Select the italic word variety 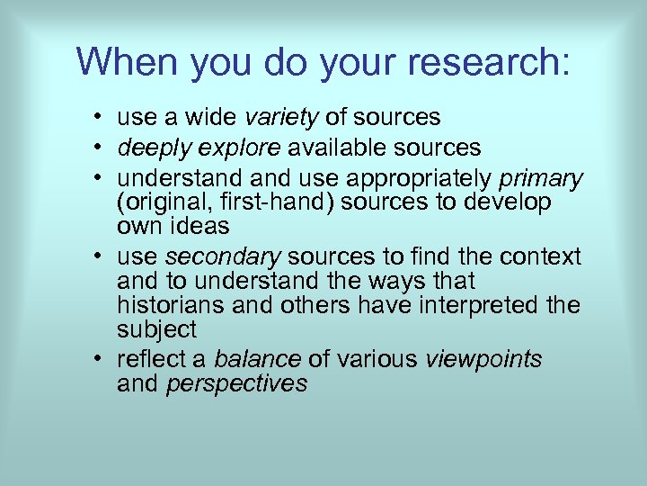(x=282, y=117)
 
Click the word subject (x=156, y=328)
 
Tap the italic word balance (x=257, y=360)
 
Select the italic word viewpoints (x=483, y=360)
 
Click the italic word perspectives (x=237, y=383)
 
